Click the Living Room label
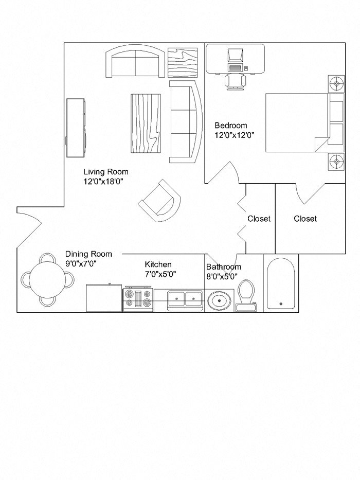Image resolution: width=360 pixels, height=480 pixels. coord(106,172)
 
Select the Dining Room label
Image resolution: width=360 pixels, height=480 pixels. coord(88,254)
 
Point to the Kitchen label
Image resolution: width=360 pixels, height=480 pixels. coord(158,264)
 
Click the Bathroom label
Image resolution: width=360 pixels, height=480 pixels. coord(223,267)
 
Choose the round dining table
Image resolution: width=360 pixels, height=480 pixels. coord(48,280)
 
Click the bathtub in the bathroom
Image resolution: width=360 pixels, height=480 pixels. coord(281,283)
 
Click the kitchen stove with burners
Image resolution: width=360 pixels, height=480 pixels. coord(138,299)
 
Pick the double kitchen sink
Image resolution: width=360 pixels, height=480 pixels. coord(186,298)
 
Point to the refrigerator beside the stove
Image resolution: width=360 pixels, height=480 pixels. coord(104,298)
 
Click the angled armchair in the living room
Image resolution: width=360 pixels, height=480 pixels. coord(160,201)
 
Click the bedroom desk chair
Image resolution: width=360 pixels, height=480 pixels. coord(235,81)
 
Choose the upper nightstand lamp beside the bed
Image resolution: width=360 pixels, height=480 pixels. coord(336,83)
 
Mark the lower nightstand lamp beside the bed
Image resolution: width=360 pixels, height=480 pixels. coord(336,162)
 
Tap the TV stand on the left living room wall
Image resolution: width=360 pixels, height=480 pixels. coord(76,128)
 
